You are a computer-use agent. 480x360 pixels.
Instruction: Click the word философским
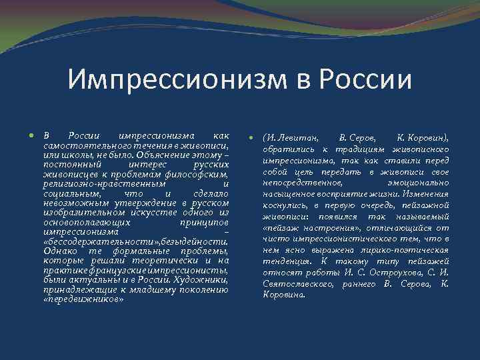point(196,174)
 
